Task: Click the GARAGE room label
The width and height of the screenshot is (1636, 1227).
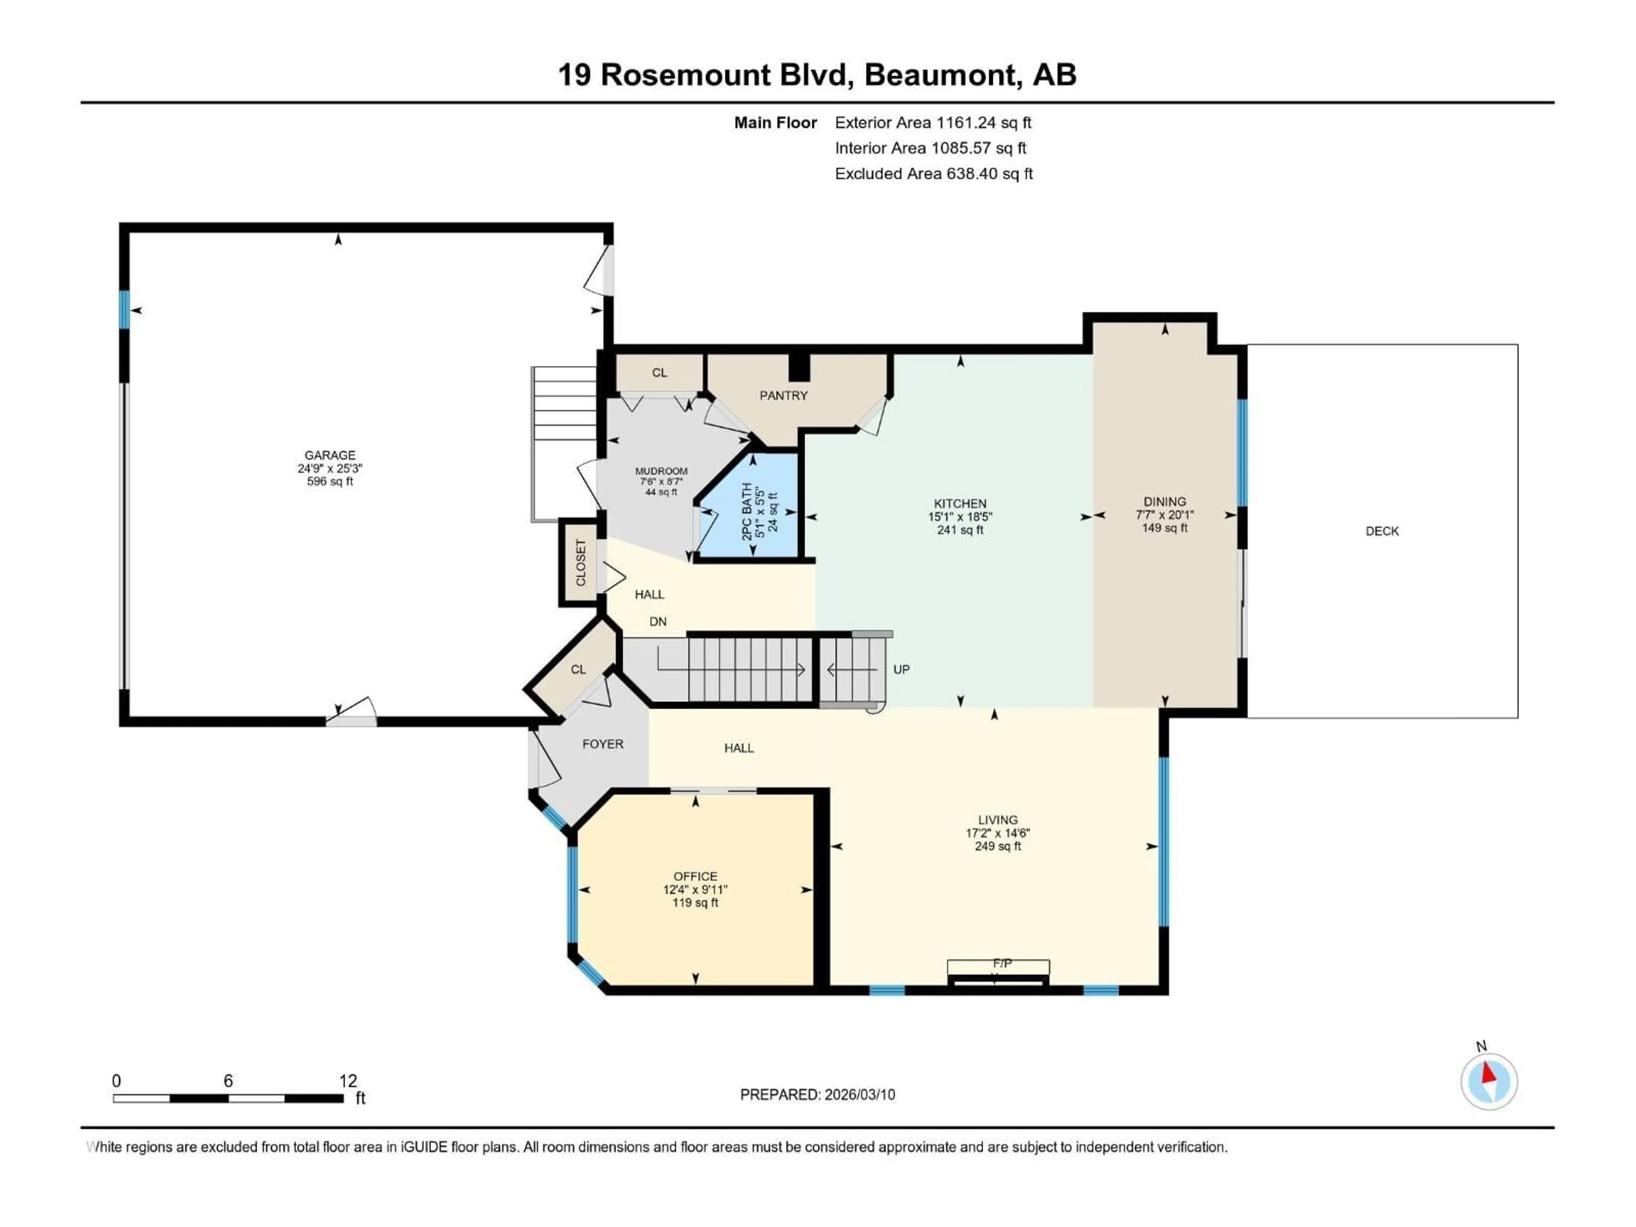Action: pos(330,455)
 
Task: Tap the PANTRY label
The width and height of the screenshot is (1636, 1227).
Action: pos(783,396)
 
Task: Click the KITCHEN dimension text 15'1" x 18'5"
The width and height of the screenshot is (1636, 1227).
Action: pos(959,517)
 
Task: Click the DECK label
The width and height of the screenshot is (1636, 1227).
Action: pos(1382,531)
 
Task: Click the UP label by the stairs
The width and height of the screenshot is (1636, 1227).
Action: pos(901,669)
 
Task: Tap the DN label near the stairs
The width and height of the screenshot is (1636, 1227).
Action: pos(657,622)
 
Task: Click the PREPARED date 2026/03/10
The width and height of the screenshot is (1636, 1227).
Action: pos(859,1095)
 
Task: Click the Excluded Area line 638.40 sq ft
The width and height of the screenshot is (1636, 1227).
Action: pos(933,174)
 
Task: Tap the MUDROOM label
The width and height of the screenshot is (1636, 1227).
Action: pos(661,471)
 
